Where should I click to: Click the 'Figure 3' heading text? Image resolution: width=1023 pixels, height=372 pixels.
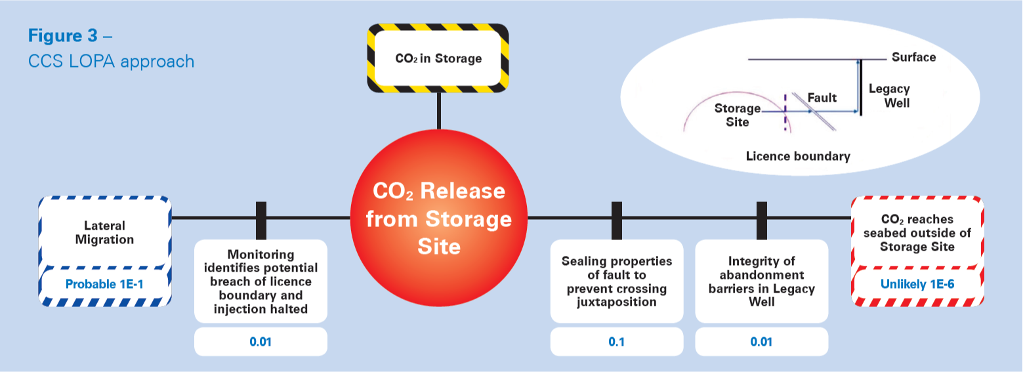[x=62, y=35]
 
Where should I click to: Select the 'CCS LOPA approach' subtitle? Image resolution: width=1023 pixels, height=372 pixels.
[x=111, y=62]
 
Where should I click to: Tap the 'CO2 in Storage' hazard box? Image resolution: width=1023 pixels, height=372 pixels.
[x=438, y=58]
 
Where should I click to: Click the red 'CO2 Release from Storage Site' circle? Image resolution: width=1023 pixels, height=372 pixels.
[x=439, y=218]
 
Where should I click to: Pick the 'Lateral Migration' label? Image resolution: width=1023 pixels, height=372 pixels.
[x=104, y=232]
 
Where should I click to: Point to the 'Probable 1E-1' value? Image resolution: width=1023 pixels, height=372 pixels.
[x=104, y=284]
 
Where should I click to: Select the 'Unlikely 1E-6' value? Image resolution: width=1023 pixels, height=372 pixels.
[x=917, y=284]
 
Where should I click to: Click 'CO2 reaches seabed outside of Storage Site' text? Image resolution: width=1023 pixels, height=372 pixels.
[x=917, y=233]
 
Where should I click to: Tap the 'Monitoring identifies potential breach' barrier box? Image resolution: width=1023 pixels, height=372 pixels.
[x=261, y=281]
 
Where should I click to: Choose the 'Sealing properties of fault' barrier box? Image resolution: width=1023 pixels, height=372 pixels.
[x=617, y=281]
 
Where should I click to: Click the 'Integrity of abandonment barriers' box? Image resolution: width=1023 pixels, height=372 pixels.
[x=761, y=281]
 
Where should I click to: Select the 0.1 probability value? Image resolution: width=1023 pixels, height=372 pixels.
[x=617, y=341]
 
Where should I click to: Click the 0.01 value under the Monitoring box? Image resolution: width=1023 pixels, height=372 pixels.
[x=261, y=341]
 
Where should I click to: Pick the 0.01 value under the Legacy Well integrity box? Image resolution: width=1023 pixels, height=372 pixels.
[x=761, y=341]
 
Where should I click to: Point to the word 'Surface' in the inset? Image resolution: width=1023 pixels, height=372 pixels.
[x=914, y=57]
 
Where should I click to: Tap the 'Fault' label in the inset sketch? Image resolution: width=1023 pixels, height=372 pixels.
[x=822, y=98]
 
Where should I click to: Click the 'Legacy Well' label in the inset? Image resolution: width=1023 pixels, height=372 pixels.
[x=889, y=95]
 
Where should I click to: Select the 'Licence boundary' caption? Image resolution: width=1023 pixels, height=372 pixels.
[x=798, y=156]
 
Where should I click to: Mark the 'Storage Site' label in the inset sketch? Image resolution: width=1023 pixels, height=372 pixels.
[x=737, y=115]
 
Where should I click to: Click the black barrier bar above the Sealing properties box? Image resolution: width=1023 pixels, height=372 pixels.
[x=617, y=220]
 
